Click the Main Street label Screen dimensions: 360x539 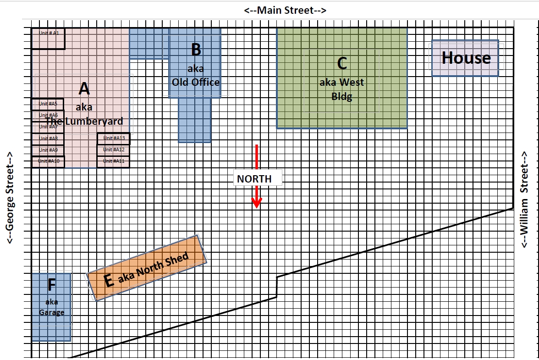[x=285, y=10]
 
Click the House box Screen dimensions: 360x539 [x=466, y=58]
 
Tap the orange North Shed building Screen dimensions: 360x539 [x=147, y=268]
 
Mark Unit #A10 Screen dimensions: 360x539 [x=48, y=161]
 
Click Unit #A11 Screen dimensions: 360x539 [x=114, y=161]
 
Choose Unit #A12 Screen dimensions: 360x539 [x=114, y=150]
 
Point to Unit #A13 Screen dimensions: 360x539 [x=114, y=138]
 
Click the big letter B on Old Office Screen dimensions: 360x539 [x=196, y=50]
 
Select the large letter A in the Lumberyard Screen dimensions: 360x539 [x=84, y=88]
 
